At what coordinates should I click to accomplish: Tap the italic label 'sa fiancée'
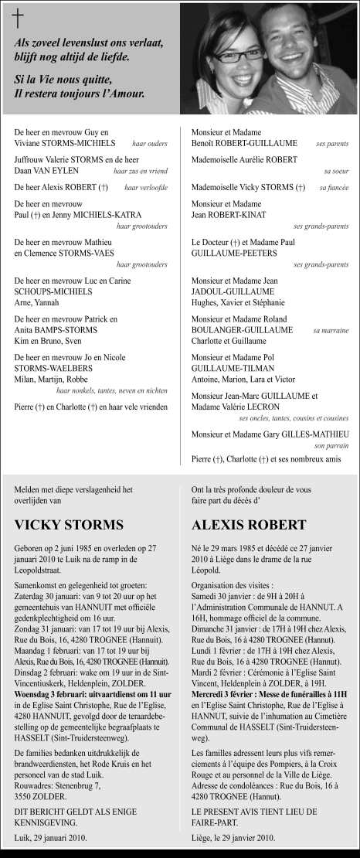pyautogui.click(x=334, y=188)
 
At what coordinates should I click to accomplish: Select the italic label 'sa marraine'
pyautogui.click(x=331, y=330)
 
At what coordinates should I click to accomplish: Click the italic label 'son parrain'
pyautogui.click(x=331, y=446)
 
